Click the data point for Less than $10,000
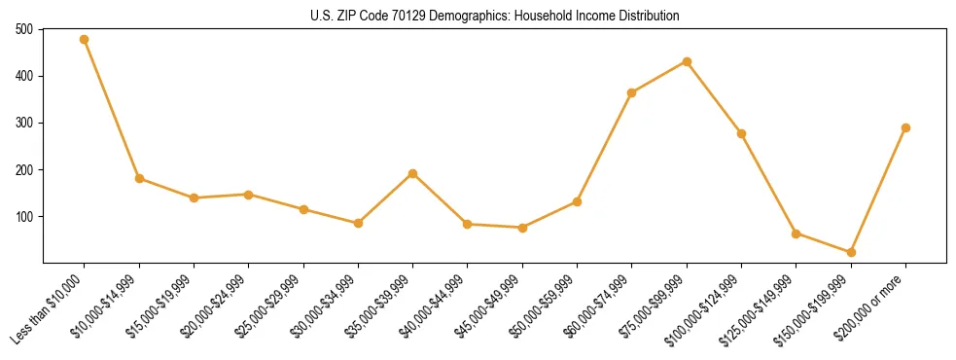(x=85, y=40)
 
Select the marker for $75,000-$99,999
(x=687, y=61)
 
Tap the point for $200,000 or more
(x=905, y=127)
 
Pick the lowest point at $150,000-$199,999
(x=851, y=252)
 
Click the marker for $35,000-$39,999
(x=412, y=173)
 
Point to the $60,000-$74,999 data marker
(x=632, y=92)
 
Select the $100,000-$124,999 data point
(x=741, y=133)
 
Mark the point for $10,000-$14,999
(x=139, y=178)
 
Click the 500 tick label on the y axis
(x=24, y=30)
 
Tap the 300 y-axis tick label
(x=24, y=124)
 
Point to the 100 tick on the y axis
(x=24, y=217)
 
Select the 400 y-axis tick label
(x=24, y=77)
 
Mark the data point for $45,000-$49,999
(x=522, y=228)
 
